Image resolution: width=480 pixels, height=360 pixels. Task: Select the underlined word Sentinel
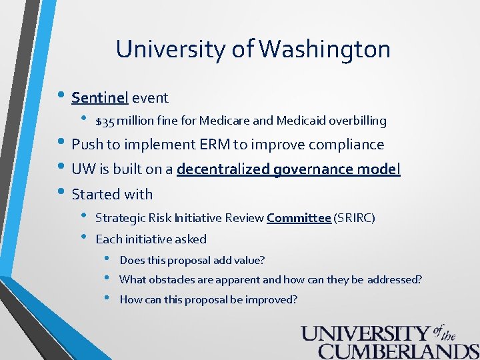point(99,98)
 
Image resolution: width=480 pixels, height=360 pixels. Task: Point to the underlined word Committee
point(299,218)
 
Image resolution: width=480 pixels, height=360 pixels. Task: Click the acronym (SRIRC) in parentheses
point(355,218)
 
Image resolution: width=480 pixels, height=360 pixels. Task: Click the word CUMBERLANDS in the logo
point(398,351)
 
